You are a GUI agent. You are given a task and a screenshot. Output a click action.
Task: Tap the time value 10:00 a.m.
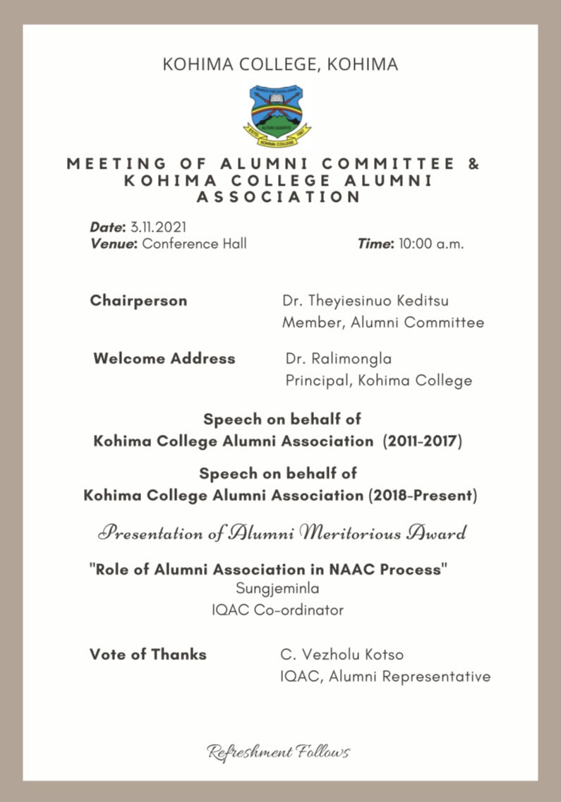click(431, 244)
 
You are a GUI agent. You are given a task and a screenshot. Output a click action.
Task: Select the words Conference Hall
click(195, 244)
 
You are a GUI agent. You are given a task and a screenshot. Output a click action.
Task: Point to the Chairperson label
click(138, 301)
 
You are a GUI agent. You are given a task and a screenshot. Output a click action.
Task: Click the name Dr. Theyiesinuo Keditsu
click(365, 301)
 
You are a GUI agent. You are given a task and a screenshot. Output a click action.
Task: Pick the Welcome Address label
click(164, 359)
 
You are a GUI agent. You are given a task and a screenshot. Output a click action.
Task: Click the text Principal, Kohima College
click(378, 381)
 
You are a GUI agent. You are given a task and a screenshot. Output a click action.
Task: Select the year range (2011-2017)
click(422, 442)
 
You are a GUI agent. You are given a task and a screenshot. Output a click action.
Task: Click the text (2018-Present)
click(423, 496)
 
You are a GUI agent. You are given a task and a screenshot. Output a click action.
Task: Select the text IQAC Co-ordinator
click(277, 610)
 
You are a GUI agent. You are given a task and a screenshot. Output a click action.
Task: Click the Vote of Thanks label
click(148, 654)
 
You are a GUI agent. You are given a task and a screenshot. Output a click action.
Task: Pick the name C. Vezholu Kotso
click(342, 654)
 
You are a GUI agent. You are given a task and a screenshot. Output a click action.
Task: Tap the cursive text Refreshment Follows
click(278, 751)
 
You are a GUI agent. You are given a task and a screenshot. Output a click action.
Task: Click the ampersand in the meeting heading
click(473, 164)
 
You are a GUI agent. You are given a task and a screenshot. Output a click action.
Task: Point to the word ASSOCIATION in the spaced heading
click(278, 197)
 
